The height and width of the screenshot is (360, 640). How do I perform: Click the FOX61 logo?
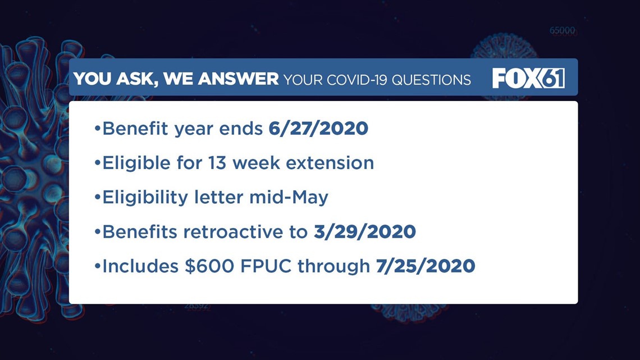(529, 78)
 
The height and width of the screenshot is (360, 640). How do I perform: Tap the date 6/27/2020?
(318, 129)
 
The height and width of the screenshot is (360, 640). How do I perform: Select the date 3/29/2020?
(365, 232)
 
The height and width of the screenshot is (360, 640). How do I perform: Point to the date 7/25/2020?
(426, 266)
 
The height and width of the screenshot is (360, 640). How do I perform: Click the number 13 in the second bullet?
(217, 163)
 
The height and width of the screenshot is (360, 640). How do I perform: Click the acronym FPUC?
(266, 266)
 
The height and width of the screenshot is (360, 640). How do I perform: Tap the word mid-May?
(289, 198)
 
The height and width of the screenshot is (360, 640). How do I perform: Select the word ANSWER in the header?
(239, 79)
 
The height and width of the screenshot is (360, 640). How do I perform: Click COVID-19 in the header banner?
(356, 80)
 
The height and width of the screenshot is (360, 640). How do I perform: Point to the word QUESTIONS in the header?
(431, 80)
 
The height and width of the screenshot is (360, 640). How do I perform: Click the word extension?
(330, 163)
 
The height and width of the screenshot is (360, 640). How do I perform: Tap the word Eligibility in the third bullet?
(145, 198)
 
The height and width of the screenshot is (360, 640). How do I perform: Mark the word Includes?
(140, 266)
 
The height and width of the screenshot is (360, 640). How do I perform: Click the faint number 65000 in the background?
(563, 31)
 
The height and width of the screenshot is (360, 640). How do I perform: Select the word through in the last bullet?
(333, 267)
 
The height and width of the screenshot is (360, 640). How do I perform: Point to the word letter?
(218, 198)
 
